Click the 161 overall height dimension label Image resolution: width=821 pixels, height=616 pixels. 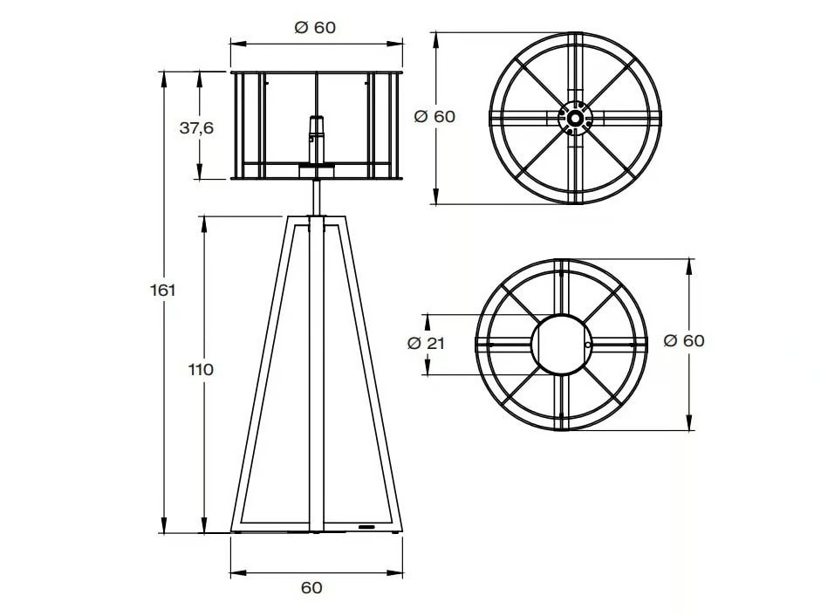tap(162, 290)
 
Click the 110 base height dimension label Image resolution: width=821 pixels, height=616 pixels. tap(201, 369)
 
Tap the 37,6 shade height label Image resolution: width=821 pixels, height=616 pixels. tap(196, 127)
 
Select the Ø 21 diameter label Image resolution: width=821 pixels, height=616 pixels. tap(426, 343)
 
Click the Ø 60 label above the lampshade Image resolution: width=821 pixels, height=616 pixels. tap(315, 27)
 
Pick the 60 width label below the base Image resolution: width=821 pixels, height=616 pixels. tap(311, 587)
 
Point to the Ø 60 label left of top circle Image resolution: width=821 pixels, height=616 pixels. tap(434, 116)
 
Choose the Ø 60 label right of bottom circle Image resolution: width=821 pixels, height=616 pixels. tap(683, 340)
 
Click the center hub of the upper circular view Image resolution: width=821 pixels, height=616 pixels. tap(575, 118)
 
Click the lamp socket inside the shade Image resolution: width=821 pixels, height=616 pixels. tap(316, 140)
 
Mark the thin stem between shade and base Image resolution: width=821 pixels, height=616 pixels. tap(316, 197)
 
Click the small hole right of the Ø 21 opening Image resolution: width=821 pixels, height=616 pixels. tap(589, 346)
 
